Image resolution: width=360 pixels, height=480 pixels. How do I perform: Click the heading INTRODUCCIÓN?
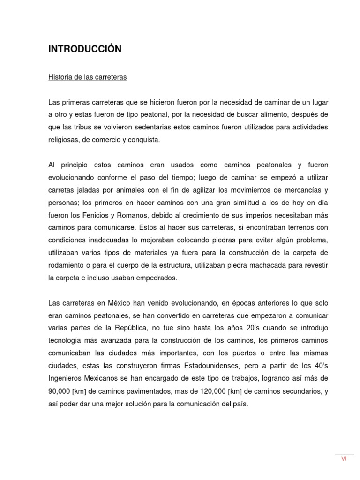point(85,49)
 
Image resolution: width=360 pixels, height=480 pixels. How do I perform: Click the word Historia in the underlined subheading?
point(60,77)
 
